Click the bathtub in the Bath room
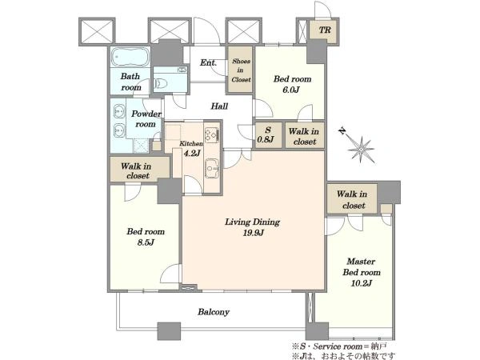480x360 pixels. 130,57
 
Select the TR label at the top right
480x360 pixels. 325,30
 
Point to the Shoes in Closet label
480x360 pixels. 241,70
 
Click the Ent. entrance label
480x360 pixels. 208,62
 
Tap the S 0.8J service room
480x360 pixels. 269,135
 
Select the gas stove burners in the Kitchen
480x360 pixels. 212,134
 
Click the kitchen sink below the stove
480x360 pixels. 212,168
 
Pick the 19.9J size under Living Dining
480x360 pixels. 253,233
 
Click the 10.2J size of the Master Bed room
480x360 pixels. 362,283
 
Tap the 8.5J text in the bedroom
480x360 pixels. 146,242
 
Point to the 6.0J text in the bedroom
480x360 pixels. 291,90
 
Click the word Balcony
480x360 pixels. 214,312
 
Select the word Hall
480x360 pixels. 219,106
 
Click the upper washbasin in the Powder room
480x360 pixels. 119,111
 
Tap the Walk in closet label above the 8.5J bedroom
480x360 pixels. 137,171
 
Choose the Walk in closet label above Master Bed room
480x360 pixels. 352,199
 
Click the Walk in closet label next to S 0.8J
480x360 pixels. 304,137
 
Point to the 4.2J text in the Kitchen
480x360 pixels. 192,153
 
